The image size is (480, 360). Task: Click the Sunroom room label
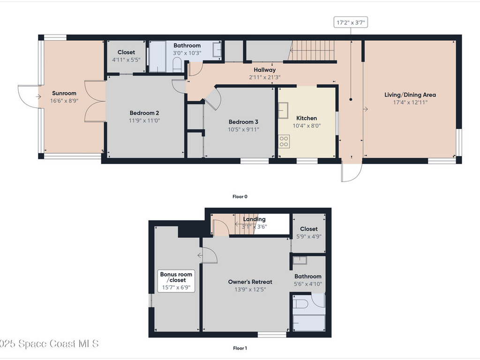click(x=64, y=93)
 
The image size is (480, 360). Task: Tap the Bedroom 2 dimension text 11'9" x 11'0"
click(x=144, y=120)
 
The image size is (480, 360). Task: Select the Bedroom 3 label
click(x=243, y=121)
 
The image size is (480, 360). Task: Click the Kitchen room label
click(x=307, y=118)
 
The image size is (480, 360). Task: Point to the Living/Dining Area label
click(x=410, y=95)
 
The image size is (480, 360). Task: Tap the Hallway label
click(x=264, y=70)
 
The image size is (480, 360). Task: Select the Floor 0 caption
click(x=240, y=196)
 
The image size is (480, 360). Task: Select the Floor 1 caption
click(x=240, y=348)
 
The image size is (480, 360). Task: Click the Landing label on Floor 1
click(x=254, y=219)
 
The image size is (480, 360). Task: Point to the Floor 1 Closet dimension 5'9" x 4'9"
click(x=308, y=236)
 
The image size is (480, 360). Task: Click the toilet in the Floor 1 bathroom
click(x=301, y=304)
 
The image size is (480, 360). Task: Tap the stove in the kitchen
click(x=284, y=141)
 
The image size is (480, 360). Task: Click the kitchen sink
click(x=283, y=111)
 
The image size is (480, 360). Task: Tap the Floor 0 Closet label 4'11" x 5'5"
click(x=126, y=60)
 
